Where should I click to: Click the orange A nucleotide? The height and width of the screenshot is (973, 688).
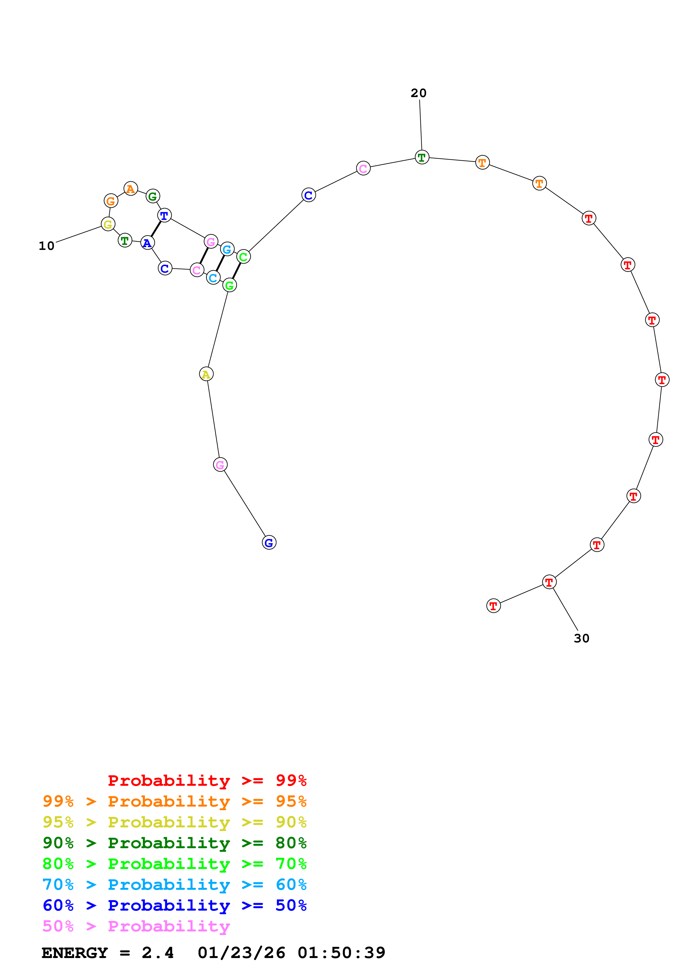tap(130, 189)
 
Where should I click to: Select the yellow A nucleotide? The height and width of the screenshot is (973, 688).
tap(206, 374)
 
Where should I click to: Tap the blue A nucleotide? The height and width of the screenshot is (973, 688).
tap(147, 243)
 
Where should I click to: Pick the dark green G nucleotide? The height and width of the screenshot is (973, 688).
tap(153, 196)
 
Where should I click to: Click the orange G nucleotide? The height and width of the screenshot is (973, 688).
tap(111, 201)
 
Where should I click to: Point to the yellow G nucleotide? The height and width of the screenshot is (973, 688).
tap(108, 224)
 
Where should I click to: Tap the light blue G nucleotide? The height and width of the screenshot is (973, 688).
tap(227, 249)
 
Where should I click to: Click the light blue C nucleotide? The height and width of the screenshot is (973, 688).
tap(213, 278)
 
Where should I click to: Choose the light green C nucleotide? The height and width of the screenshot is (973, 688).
tap(243, 256)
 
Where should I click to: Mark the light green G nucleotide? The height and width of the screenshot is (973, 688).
tap(229, 285)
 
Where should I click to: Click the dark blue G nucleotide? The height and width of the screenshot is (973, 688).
tap(269, 543)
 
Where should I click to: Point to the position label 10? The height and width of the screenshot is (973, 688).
tap(47, 246)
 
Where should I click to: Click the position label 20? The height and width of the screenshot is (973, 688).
tap(419, 93)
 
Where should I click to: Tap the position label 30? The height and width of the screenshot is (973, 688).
tap(581, 638)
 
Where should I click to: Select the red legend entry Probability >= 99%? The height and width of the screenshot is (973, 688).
tap(207, 780)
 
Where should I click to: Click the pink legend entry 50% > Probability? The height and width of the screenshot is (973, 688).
tap(136, 926)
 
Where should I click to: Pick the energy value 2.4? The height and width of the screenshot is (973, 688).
tap(158, 953)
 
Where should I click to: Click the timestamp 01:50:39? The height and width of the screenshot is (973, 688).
tap(341, 953)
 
